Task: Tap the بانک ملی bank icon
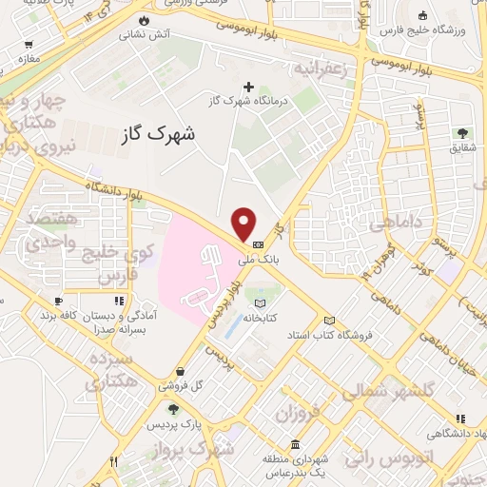[259, 244]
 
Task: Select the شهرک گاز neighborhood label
[160, 134]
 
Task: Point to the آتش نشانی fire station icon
[144, 19]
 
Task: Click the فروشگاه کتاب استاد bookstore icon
[330, 321]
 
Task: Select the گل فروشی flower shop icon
[180, 372]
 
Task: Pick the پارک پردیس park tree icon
[173, 410]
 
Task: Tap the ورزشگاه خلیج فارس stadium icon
[421, 16]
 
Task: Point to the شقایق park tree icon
[463, 132]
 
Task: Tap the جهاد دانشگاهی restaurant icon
[460, 418]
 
